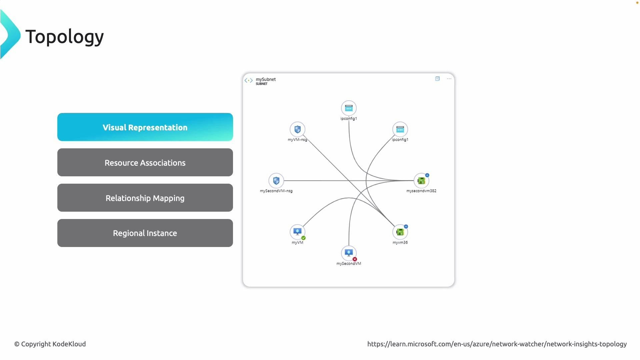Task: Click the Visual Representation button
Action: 145,127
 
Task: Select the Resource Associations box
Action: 145,163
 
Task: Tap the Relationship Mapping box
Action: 145,198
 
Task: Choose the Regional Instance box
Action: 145,233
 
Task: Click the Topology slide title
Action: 64,36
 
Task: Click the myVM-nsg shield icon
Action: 297,129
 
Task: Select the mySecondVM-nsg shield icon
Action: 276,181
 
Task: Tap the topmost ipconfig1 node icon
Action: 349,108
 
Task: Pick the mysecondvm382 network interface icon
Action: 421,181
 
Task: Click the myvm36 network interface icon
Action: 400,232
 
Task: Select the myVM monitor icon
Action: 297,232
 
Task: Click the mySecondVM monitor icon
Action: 349,253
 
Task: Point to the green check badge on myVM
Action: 303,238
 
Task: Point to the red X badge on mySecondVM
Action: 355,259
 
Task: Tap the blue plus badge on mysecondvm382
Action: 427,175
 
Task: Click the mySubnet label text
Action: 266,79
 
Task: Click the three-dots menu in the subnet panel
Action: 449,79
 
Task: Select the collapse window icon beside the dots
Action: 437,79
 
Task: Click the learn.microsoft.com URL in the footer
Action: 497,344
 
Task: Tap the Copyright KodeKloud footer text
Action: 50,344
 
